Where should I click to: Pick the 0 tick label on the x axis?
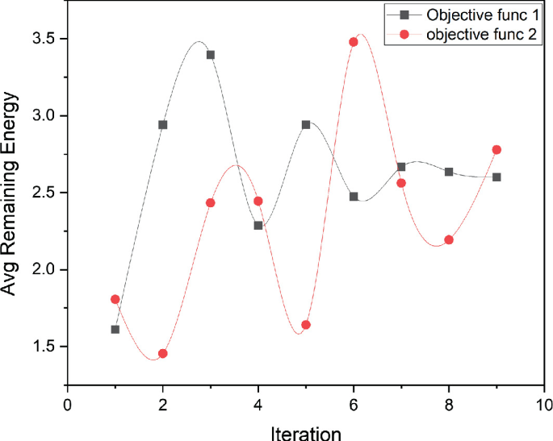tap(68, 401)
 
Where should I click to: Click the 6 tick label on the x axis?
tap(354, 401)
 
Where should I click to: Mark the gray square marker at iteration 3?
tap(211, 55)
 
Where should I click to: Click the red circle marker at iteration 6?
tap(354, 42)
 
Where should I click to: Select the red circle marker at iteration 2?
tap(163, 353)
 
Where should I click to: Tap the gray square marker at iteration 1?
tap(115, 329)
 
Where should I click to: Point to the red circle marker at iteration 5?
tap(306, 325)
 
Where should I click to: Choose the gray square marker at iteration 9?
tap(496, 177)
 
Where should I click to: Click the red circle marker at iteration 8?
tap(449, 239)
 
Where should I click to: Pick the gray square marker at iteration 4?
tap(258, 225)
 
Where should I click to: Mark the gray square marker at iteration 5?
tap(306, 125)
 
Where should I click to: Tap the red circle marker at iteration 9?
tap(496, 150)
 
